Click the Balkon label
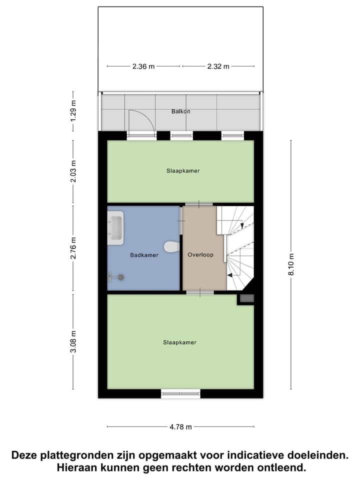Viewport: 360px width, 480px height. [x=180, y=111]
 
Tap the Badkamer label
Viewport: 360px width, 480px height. [x=144, y=255]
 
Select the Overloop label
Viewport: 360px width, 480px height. [x=200, y=254]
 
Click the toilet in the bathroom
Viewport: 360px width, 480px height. [x=171, y=247]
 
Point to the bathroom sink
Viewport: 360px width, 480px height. [x=115, y=228]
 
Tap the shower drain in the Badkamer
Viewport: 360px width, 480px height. [x=120, y=276]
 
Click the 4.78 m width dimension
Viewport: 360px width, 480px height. [x=180, y=427]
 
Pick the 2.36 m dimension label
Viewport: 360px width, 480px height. [x=143, y=66]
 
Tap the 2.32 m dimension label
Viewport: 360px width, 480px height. [x=218, y=66]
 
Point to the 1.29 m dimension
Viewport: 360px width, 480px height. [x=73, y=111]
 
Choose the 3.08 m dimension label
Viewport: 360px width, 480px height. [x=73, y=341]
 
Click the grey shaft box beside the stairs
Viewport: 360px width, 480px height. [x=246, y=298]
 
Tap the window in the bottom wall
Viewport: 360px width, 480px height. [x=180, y=393]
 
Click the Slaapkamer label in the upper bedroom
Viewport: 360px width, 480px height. [x=183, y=170]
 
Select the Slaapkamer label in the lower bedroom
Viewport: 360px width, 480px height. [x=179, y=342]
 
